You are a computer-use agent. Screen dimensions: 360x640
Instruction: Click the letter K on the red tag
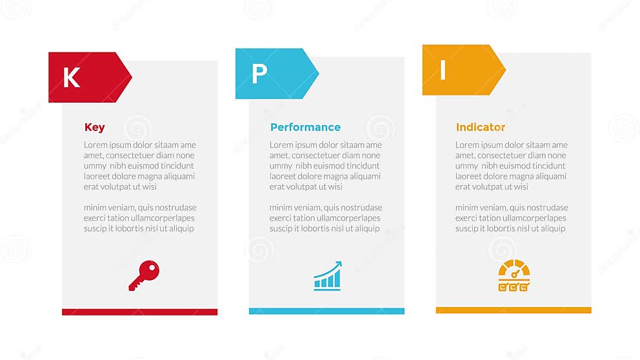coord(71,77)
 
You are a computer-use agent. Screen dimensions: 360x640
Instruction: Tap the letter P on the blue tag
coord(259,74)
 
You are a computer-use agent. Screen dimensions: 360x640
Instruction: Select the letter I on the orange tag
coord(443,70)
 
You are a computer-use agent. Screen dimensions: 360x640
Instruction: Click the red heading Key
coord(94,127)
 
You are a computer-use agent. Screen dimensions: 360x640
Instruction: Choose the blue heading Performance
coord(305,127)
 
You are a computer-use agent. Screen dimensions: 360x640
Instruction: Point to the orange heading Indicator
coord(480,127)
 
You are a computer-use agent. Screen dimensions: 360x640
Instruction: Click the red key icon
coord(143,275)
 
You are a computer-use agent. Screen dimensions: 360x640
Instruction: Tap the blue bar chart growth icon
coord(328,276)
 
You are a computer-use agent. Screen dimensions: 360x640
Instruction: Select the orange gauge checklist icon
coord(514,275)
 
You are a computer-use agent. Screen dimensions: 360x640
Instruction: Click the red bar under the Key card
coord(139,312)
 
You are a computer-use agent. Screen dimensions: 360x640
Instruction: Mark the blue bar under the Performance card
coord(326,311)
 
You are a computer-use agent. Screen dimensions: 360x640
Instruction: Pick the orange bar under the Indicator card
coord(514,310)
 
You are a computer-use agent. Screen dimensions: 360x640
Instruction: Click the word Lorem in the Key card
coord(95,145)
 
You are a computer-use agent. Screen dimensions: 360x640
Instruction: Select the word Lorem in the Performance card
coord(281,145)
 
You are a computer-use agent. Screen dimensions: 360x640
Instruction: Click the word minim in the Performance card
coord(281,208)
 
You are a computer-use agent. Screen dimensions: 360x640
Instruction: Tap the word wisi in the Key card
coord(148,187)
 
